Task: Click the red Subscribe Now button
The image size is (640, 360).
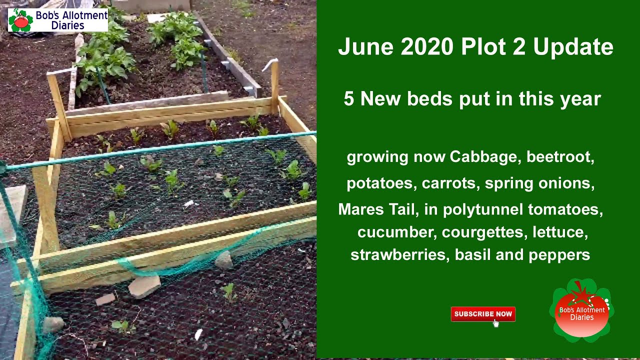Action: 482,314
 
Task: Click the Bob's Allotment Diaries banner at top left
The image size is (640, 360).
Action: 57,20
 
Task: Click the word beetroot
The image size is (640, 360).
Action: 560,157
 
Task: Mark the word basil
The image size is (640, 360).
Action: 474,255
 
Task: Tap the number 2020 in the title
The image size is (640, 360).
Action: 427,47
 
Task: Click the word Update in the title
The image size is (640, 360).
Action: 573,47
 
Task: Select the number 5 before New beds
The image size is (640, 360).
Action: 349,99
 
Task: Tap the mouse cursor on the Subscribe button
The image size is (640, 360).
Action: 495,323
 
